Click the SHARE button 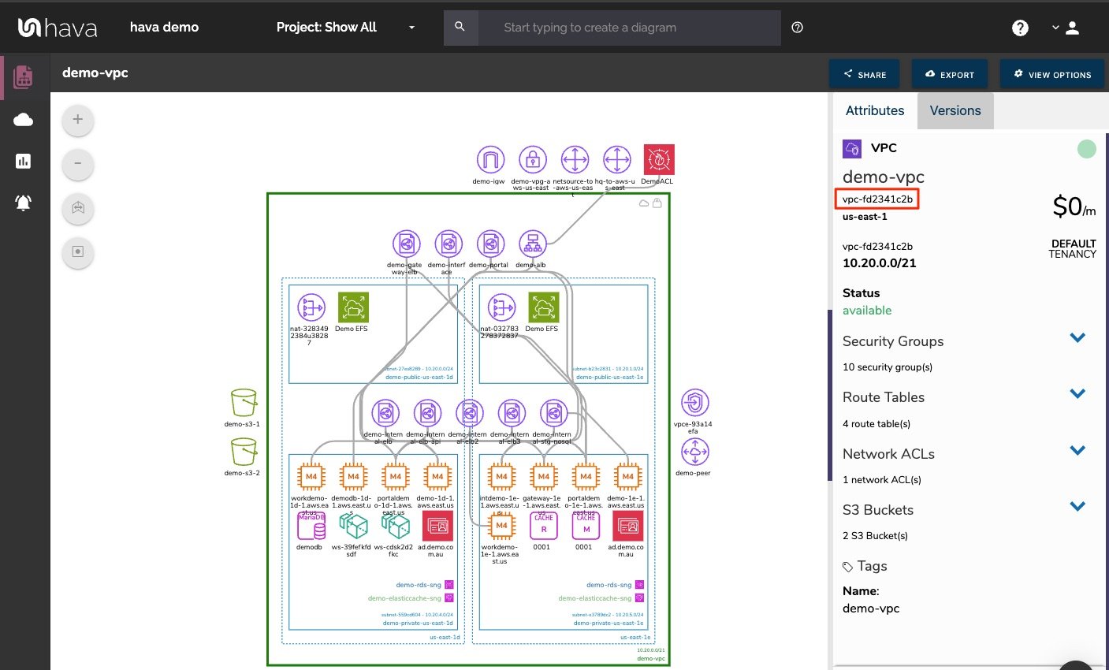864,74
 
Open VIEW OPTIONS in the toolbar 1052,74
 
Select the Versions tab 955,110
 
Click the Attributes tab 874,110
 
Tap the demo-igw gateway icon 490,160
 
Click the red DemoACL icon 659,160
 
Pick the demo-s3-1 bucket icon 244,403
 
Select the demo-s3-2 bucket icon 244,452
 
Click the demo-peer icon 694,452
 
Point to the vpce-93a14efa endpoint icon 694,403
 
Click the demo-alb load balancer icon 533,244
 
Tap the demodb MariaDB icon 311,526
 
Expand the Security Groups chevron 1077,338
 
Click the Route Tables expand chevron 1077,394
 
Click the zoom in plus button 77,120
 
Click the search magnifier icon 460,27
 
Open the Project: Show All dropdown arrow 411,28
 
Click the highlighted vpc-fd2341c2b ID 877,199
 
